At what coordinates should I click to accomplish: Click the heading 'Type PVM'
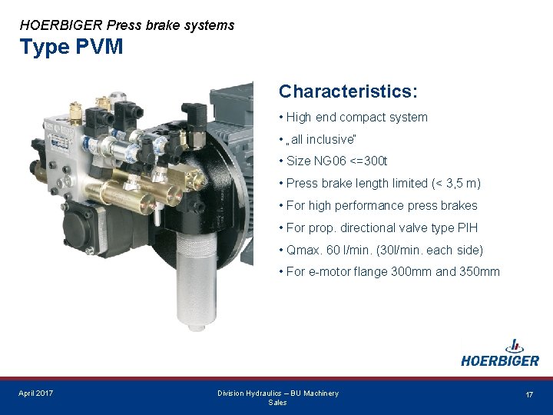pos(71,47)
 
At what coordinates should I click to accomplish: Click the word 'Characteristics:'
pos(348,91)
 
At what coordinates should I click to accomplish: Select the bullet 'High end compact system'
pos(356,118)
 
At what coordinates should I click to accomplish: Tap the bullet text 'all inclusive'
pos(322,139)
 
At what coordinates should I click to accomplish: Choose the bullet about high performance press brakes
pos(381,206)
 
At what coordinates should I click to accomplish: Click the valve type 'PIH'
pos(467,228)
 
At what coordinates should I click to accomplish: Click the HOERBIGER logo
pos(500,354)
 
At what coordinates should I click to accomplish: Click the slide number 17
pos(529,394)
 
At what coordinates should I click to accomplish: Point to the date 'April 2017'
pos(36,393)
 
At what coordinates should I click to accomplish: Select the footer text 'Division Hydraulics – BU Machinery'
pos(277,393)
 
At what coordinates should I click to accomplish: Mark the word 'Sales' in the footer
pos(277,403)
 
